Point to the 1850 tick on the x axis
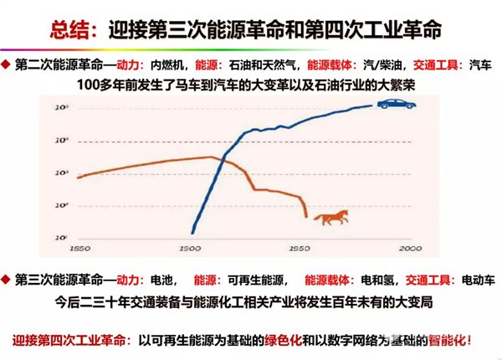(x=80, y=249)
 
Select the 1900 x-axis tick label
(x=191, y=249)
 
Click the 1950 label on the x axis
(x=299, y=249)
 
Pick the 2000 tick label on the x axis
(x=408, y=249)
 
